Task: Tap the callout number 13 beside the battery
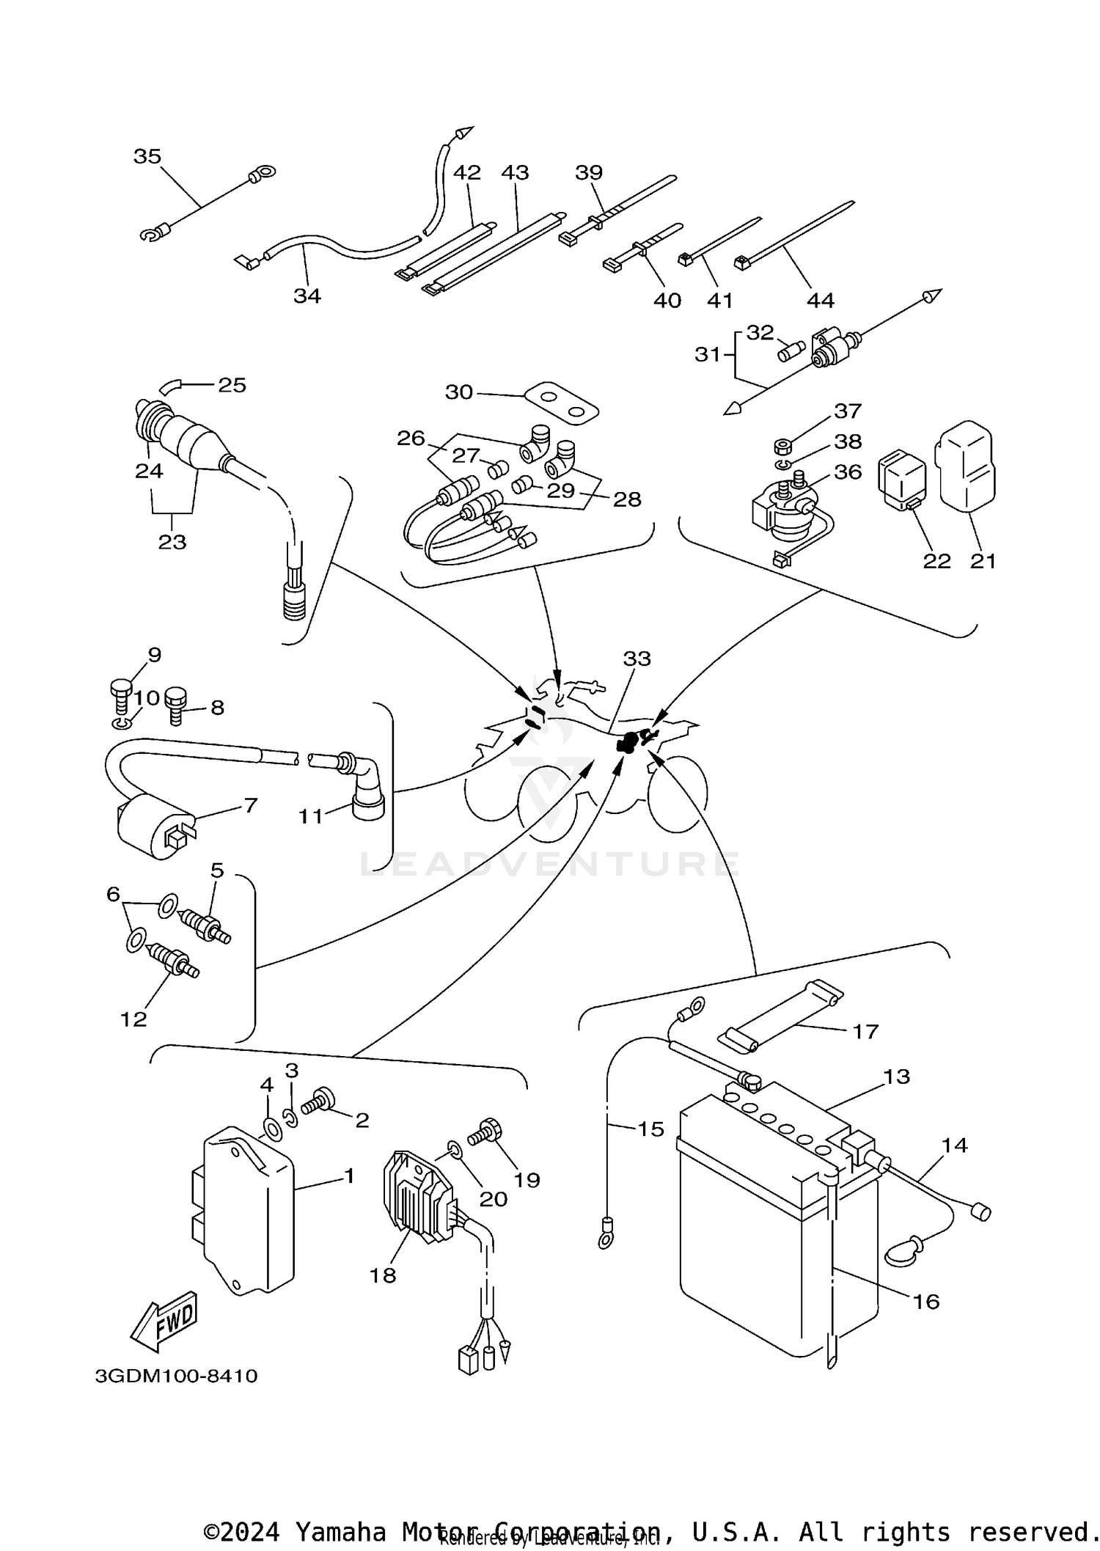click(896, 1077)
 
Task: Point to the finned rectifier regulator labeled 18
click(415, 1196)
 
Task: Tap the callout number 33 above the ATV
click(637, 659)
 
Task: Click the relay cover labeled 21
click(965, 466)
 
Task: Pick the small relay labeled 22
click(902, 477)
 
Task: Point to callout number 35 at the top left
click(147, 156)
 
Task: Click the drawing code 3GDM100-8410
click(176, 1376)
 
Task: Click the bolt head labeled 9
click(121, 688)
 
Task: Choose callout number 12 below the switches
click(133, 1019)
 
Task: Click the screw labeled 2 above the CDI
click(320, 1101)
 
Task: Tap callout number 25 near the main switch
click(232, 385)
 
